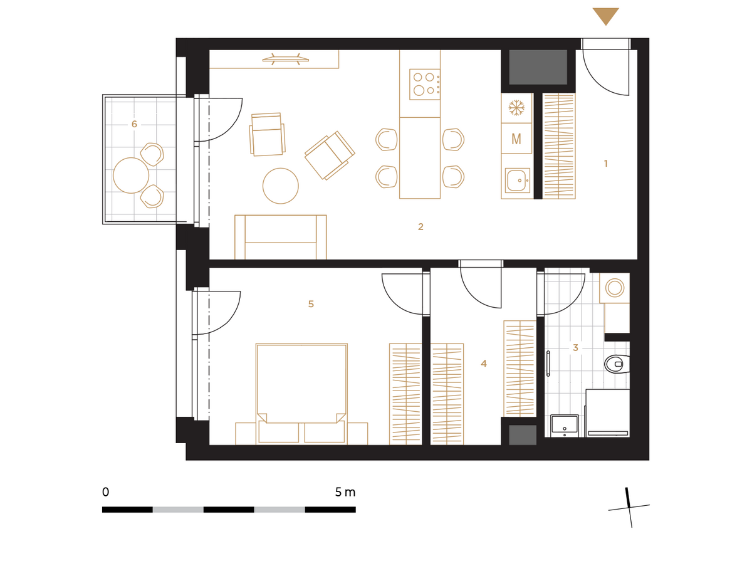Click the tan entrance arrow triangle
point(605,15)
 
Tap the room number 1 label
point(605,164)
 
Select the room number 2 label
point(420,226)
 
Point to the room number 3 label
point(575,347)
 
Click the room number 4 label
point(483,364)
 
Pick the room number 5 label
point(311,303)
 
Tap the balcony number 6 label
point(134,123)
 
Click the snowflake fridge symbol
point(516,108)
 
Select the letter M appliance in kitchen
point(516,139)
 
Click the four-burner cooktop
point(424,84)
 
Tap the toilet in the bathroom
point(617,364)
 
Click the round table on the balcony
point(131,175)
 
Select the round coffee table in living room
point(280,186)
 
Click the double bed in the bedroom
point(301,394)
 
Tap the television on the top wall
point(285,59)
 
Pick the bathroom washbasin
point(564,426)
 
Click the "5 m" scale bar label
point(345,493)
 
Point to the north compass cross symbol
point(629,507)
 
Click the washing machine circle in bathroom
point(615,287)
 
